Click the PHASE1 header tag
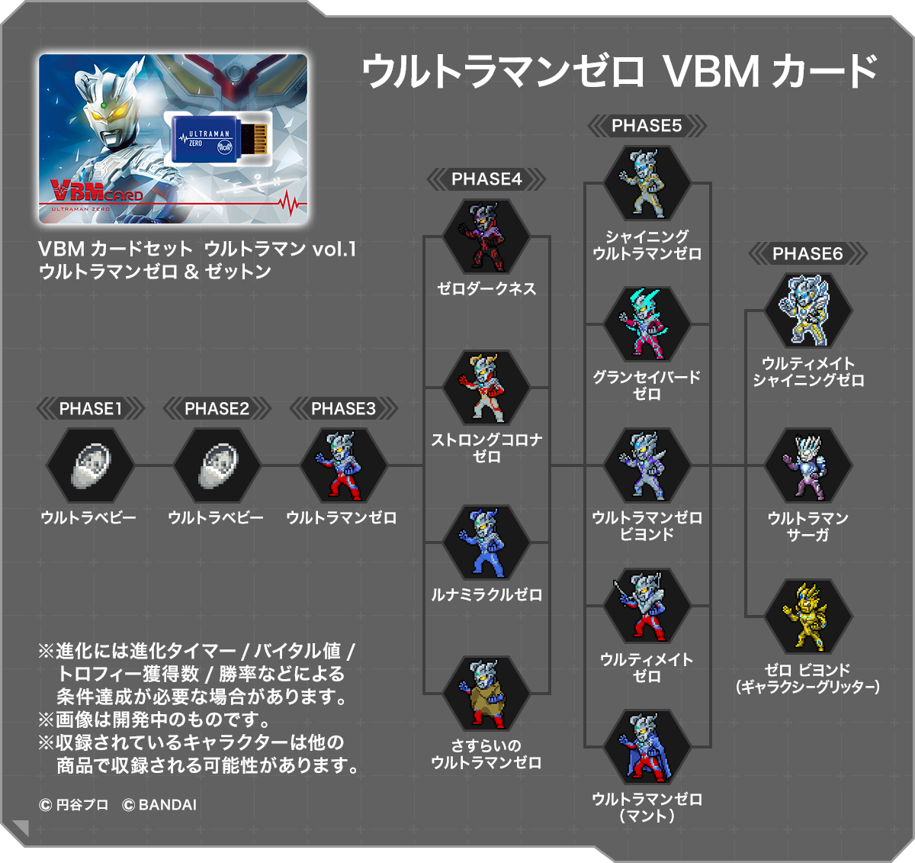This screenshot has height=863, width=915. coord(91,409)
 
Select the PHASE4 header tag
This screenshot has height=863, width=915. coord(486,179)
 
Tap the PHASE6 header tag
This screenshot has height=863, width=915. coord(807,254)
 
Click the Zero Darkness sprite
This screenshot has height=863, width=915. coord(486,237)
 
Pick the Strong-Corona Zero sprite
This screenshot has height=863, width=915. coord(486,388)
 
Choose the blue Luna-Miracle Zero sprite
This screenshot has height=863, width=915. coord(486,543)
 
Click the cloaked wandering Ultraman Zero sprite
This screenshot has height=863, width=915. coord(486,693)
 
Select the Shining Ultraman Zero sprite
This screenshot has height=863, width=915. coord(647,184)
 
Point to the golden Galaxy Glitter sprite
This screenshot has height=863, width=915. coord(807,617)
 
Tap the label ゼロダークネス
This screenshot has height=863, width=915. coord(486,289)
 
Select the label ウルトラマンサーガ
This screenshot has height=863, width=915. coord(807,526)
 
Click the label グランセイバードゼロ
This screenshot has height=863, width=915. coord(647,385)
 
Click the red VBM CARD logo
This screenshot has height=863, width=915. coord(95,191)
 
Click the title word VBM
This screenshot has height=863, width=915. coord(711,72)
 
